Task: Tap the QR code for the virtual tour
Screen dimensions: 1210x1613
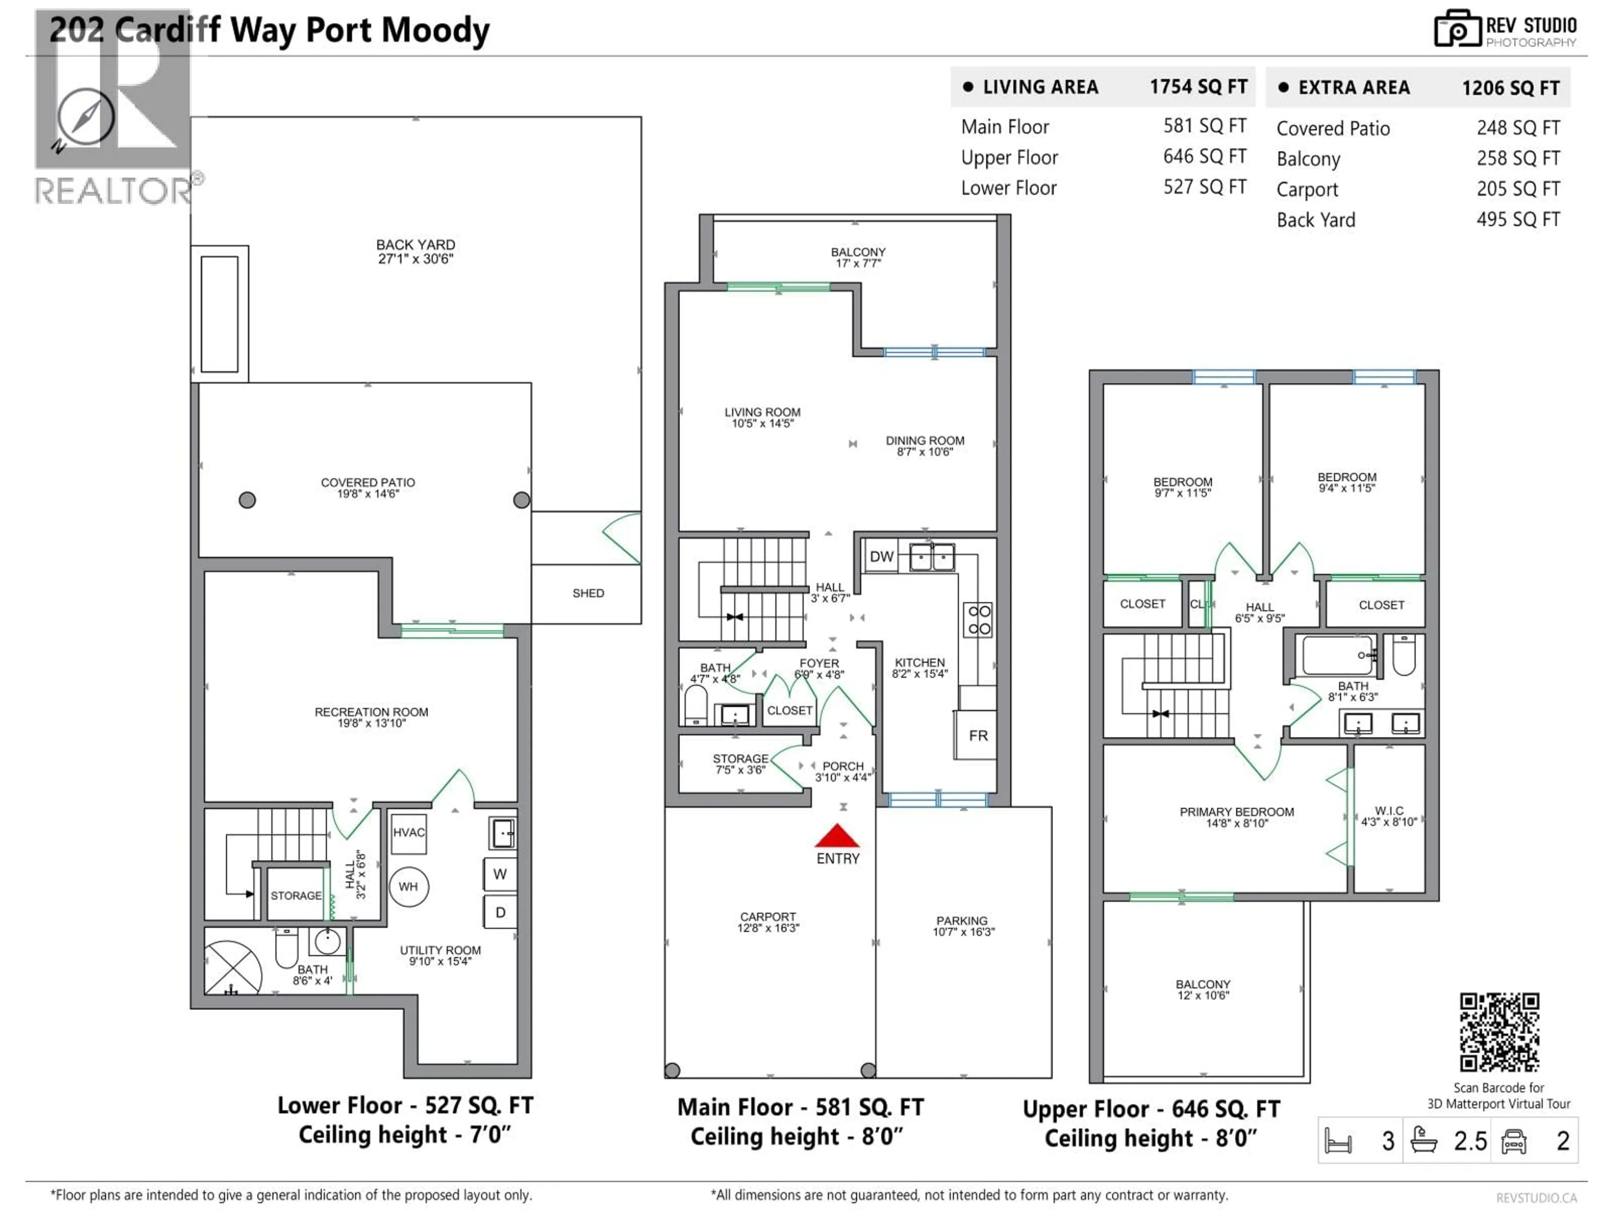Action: (1499, 1032)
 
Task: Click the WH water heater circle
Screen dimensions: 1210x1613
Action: (408, 886)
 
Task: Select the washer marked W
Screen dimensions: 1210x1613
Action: (500, 874)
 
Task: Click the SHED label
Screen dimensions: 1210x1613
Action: (588, 593)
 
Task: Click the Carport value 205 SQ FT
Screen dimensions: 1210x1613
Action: (1518, 189)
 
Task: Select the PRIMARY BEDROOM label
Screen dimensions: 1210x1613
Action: (1237, 812)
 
